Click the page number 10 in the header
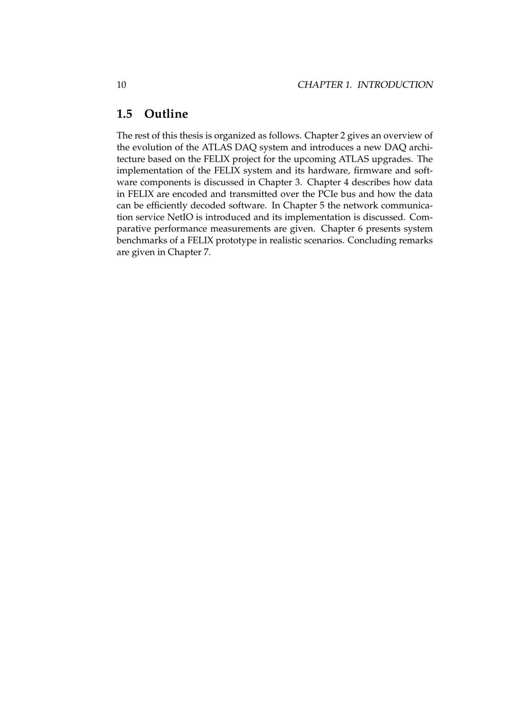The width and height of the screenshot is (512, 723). (121, 85)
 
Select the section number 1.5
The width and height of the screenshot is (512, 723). (124, 114)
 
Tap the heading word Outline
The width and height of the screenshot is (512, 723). (166, 114)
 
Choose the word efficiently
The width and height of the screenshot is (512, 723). (165, 206)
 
